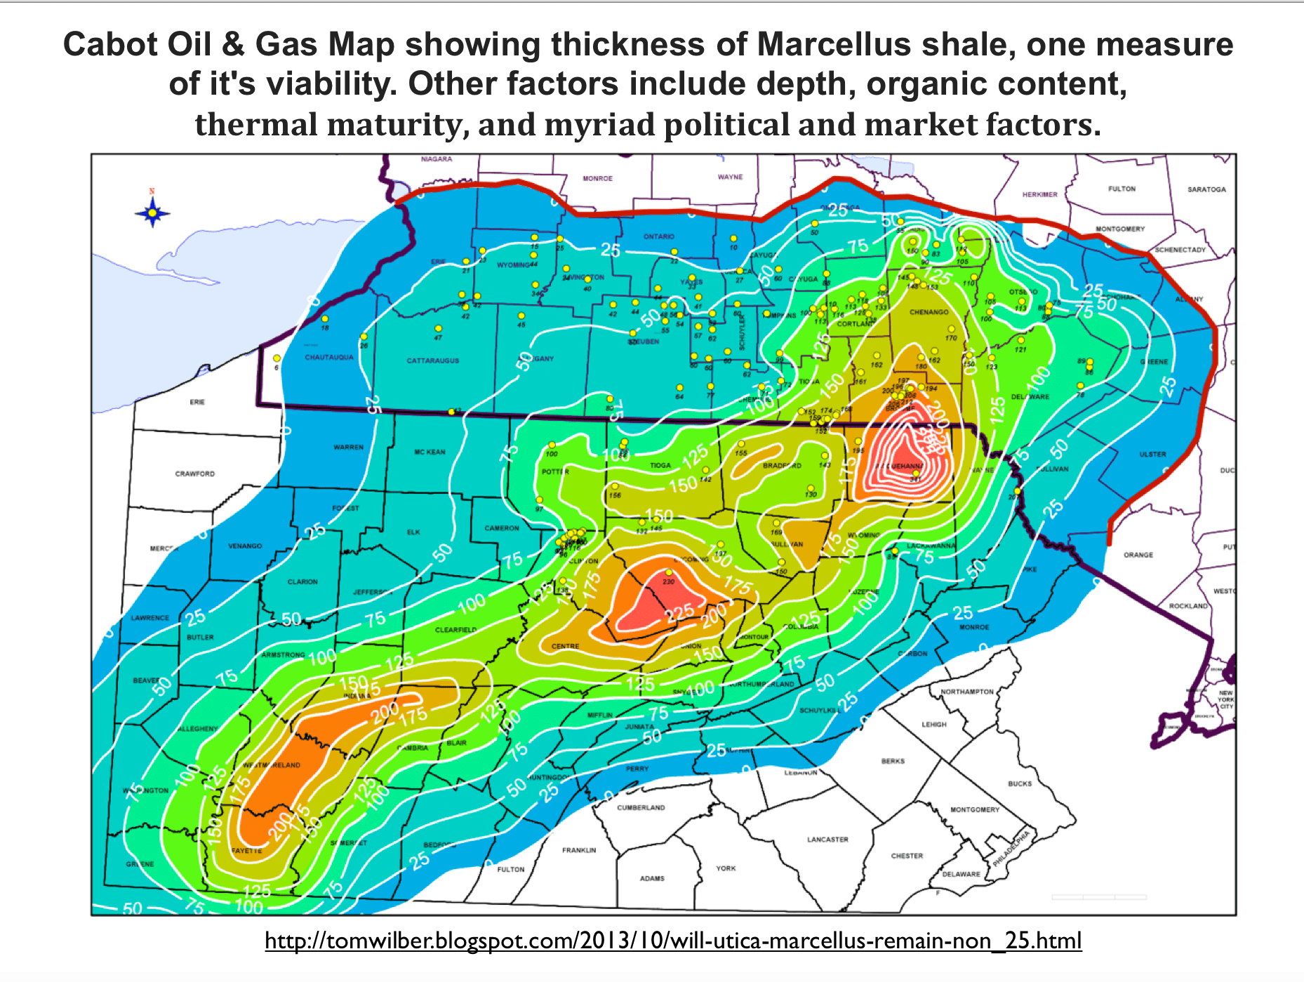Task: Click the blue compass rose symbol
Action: click(152, 212)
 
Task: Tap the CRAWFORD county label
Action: click(195, 473)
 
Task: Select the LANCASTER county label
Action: click(827, 839)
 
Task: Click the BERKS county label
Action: click(893, 761)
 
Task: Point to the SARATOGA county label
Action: click(1206, 189)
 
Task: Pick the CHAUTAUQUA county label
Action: click(329, 357)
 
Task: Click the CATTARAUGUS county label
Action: click(433, 361)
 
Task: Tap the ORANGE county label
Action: click(1138, 555)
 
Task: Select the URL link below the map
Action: click(673, 941)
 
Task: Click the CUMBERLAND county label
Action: click(641, 807)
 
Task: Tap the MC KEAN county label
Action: click(430, 452)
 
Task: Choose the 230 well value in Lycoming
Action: click(669, 581)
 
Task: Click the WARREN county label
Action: click(348, 447)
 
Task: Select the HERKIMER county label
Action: click(1039, 194)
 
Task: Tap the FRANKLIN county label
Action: click(579, 850)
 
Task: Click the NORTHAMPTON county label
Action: click(967, 692)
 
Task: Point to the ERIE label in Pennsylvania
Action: click(197, 402)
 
